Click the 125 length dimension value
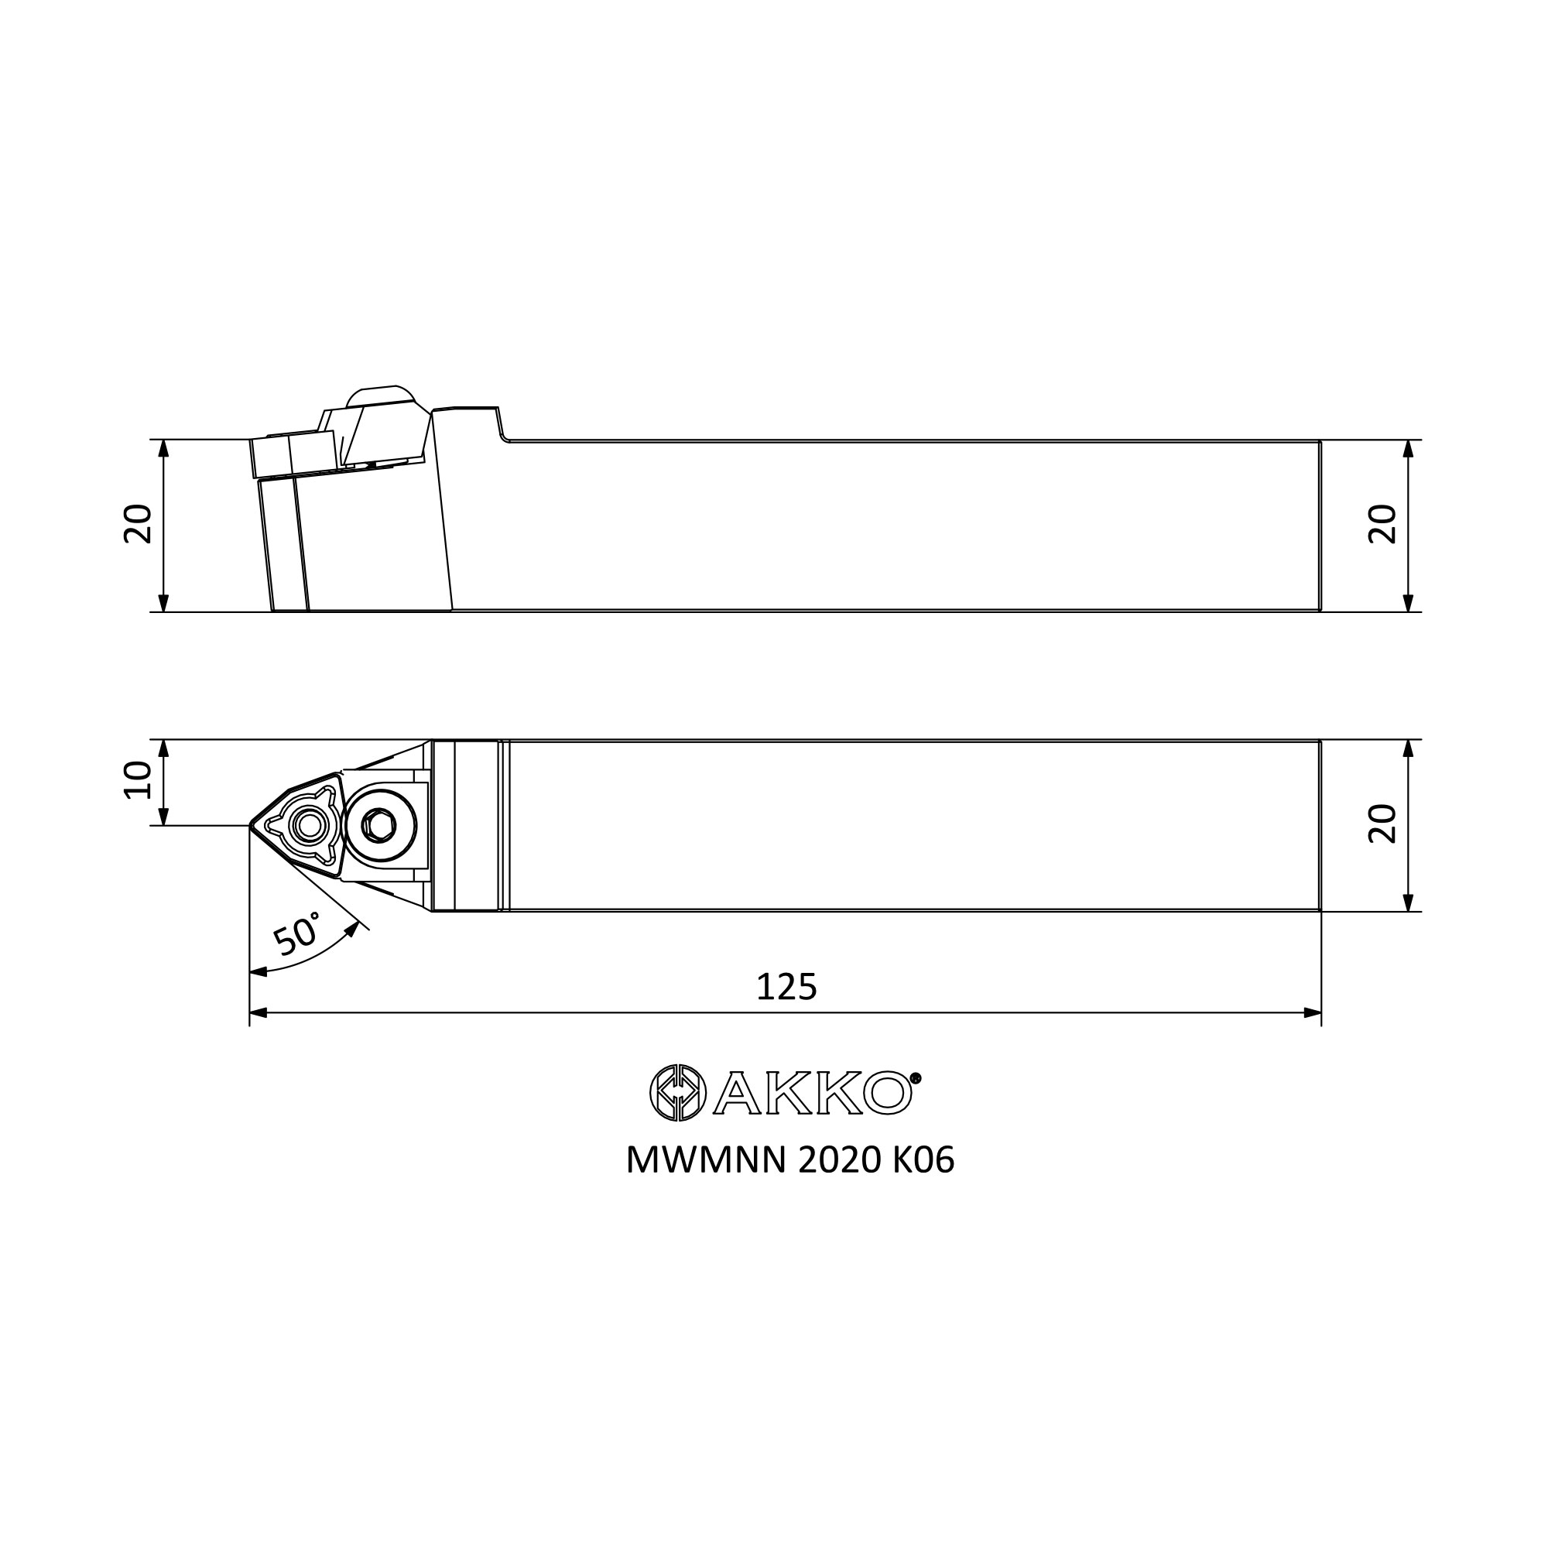pos(786,986)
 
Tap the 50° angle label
pos(297,933)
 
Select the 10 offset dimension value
pos(138,779)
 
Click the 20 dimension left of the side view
pos(138,524)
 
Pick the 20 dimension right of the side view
pos(1382,524)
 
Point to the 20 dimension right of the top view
pos(1382,824)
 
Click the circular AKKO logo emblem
pos(678,1092)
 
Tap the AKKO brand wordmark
pos(813,1093)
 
